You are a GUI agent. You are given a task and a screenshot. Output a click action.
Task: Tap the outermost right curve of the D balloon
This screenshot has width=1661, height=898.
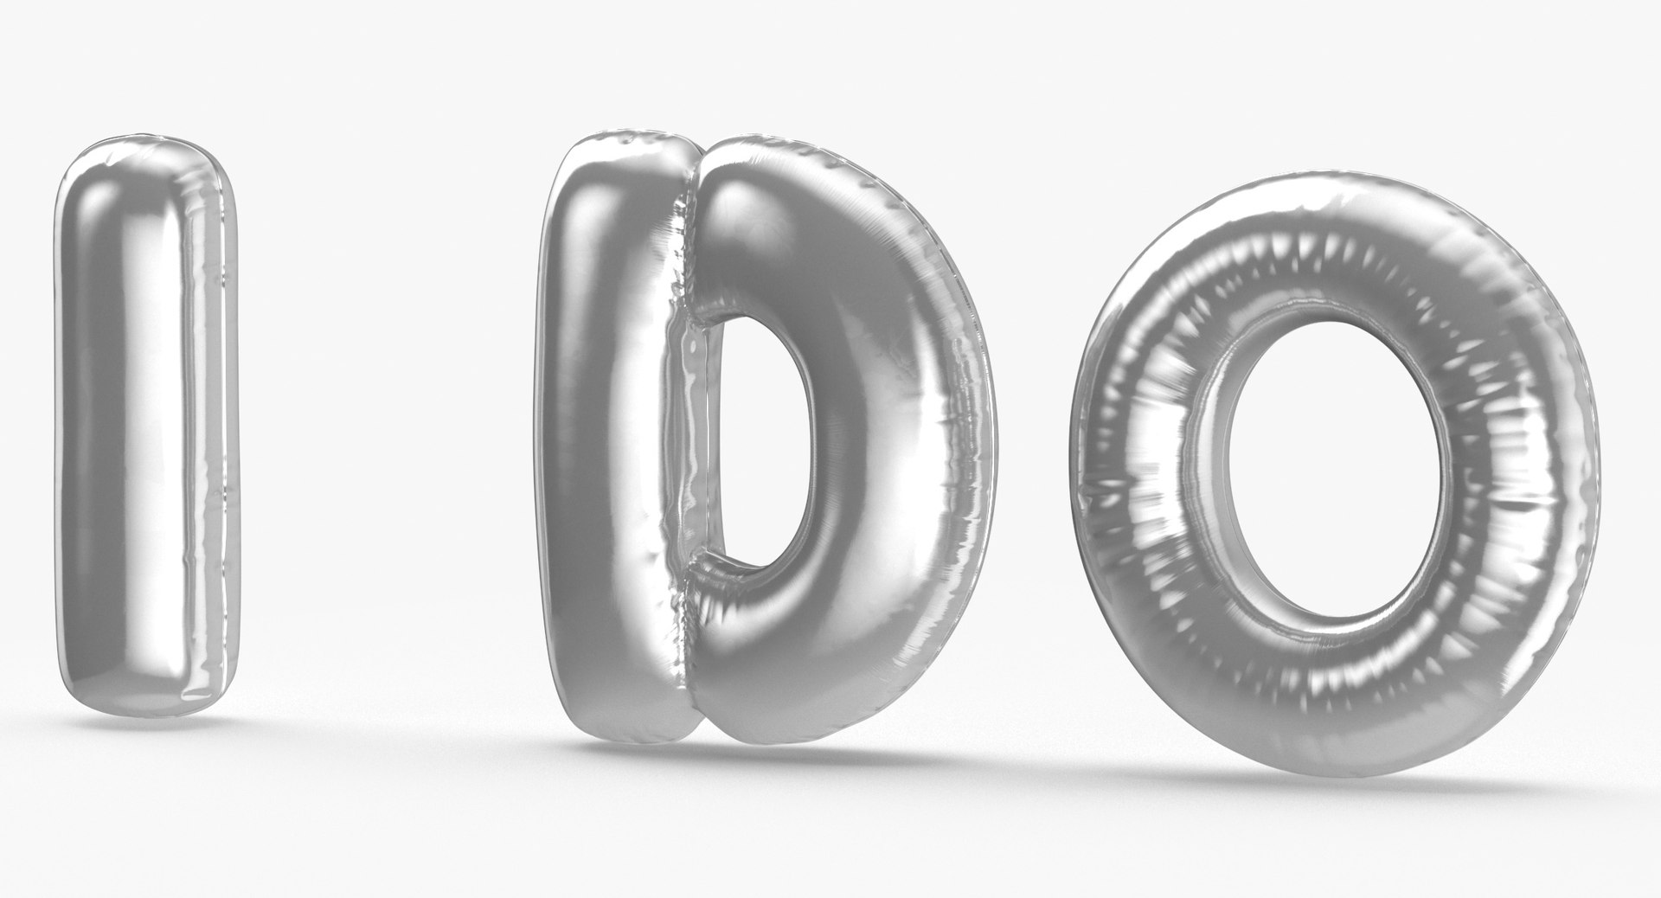(x=978, y=433)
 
